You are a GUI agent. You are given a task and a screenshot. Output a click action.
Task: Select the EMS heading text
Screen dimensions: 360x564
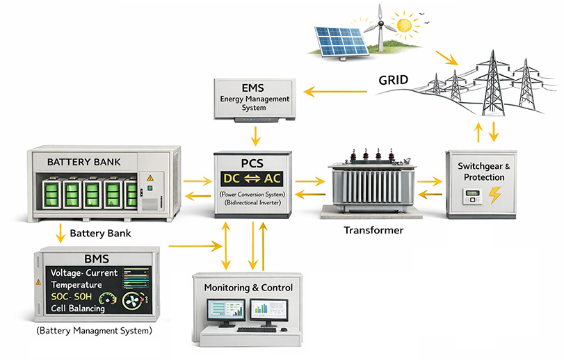click(255, 88)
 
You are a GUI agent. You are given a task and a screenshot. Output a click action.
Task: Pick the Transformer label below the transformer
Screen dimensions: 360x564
click(373, 230)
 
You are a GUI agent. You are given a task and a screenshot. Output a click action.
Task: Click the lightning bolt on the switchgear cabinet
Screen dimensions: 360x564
click(495, 195)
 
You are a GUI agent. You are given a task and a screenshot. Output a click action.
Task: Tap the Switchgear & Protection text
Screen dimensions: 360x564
click(483, 171)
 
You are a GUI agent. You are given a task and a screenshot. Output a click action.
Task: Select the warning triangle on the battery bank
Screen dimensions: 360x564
click(150, 179)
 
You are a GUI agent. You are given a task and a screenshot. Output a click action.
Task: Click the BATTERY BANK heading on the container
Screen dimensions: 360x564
click(83, 162)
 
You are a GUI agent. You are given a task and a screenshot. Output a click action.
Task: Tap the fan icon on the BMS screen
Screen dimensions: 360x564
click(133, 301)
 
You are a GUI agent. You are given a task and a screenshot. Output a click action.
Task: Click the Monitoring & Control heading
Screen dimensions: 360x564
click(248, 288)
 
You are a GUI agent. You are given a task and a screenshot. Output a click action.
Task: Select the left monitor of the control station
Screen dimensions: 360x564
click(225, 311)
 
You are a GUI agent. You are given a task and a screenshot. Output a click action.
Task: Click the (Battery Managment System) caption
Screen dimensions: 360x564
click(93, 331)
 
